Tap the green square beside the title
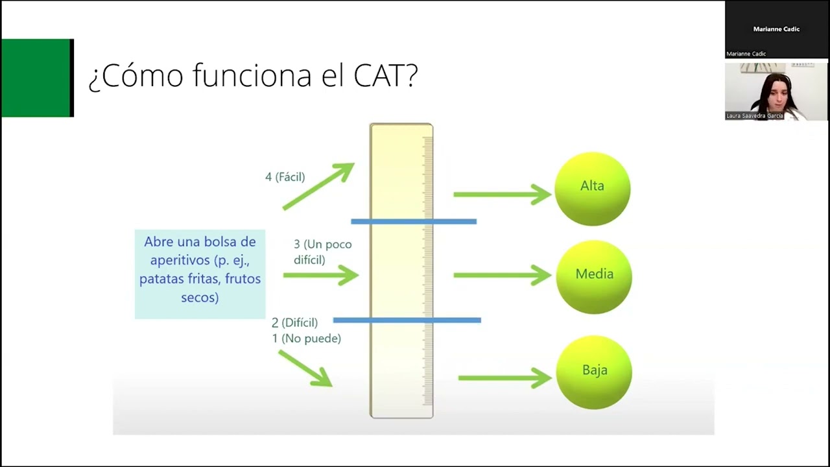pyautogui.click(x=36, y=78)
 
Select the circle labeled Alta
pyautogui.click(x=592, y=188)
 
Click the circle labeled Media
pyautogui.click(x=593, y=276)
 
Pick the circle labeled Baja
pyautogui.click(x=594, y=372)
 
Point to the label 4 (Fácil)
pyautogui.click(x=285, y=177)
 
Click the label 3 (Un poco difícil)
pyautogui.click(x=322, y=252)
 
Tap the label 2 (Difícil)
pyautogui.click(x=294, y=322)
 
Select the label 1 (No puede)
pyautogui.click(x=306, y=339)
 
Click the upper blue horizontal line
pyautogui.click(x=414, y=222)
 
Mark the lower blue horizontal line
pyautogui.click(x=407, y=320)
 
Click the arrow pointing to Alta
pyautogui.click(x=502, y=194)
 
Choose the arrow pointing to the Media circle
pyautogui.click(x=502, y=275)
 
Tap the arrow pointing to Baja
pyautogui.click(x=504, y=377)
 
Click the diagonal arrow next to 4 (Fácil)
pyautogui.click(x=318, y=186)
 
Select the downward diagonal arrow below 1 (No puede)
pyautogui.click(x=305, y=368)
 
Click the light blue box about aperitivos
pyautogui.click(x=200, y=274)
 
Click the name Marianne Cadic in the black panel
pyautogui.click(x=776, y=29)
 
